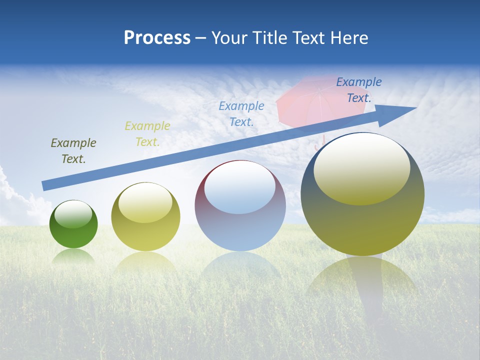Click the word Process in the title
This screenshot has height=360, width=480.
click(157, 38)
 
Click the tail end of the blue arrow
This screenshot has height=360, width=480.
click(46, 185)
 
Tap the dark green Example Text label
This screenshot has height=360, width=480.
click(73, 151)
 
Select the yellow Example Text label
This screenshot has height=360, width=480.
click(147, 134)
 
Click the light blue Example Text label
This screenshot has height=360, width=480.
click(241, 113)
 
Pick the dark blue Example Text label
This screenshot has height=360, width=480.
click(359, 90)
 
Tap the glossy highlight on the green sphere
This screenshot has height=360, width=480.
click(73, 214)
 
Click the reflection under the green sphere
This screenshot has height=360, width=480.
click(73, 256)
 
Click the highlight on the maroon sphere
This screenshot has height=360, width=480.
click(239, 187)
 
